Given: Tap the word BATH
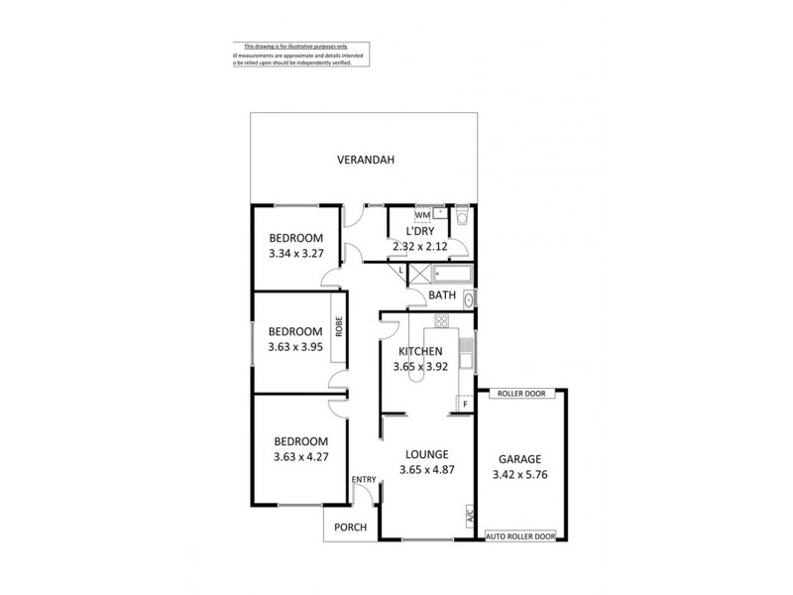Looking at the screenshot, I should click(443, 295).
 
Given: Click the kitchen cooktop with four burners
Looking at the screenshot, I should click(440, 321).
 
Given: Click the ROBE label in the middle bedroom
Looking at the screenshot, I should click(338, 327).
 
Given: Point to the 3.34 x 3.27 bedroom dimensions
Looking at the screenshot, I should click(295, 253).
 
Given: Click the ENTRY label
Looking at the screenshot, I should click(364, 480).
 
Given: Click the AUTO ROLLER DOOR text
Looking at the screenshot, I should click(519, 536).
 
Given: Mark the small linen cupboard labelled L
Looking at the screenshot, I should click(400, 270).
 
